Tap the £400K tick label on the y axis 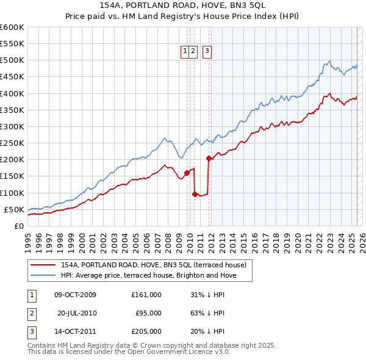[x=12, y=93]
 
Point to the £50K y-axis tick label [x=14, y=209]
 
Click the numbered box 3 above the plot [x=207, y=52]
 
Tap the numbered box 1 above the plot [x=185, y=52]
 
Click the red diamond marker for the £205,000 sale [x=209, y=158]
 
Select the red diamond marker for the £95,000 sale [x=195, y=194]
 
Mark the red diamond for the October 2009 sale [x=187, y=173]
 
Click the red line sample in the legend [x=43, y=265]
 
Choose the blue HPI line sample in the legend [x=43, y=276]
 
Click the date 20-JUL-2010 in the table [x=77, y=313]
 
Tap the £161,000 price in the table [x=146, y=295]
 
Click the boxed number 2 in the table [x=31, y=313]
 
